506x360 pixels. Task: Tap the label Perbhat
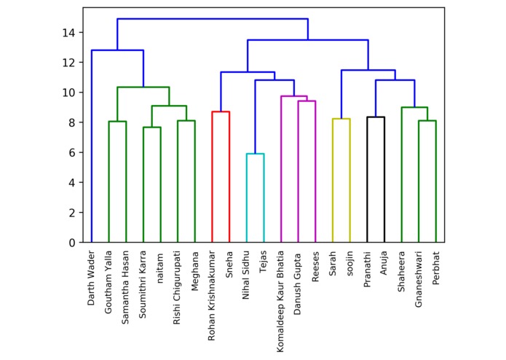435,269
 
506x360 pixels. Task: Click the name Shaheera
401,271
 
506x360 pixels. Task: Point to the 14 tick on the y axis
68,33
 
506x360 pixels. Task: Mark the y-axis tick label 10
68,93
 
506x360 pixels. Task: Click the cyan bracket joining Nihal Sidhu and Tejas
255,154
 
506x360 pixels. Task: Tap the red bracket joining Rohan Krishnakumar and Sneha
221,111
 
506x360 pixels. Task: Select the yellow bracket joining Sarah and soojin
341,119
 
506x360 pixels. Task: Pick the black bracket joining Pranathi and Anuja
376,117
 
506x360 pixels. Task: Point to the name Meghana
194,271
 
